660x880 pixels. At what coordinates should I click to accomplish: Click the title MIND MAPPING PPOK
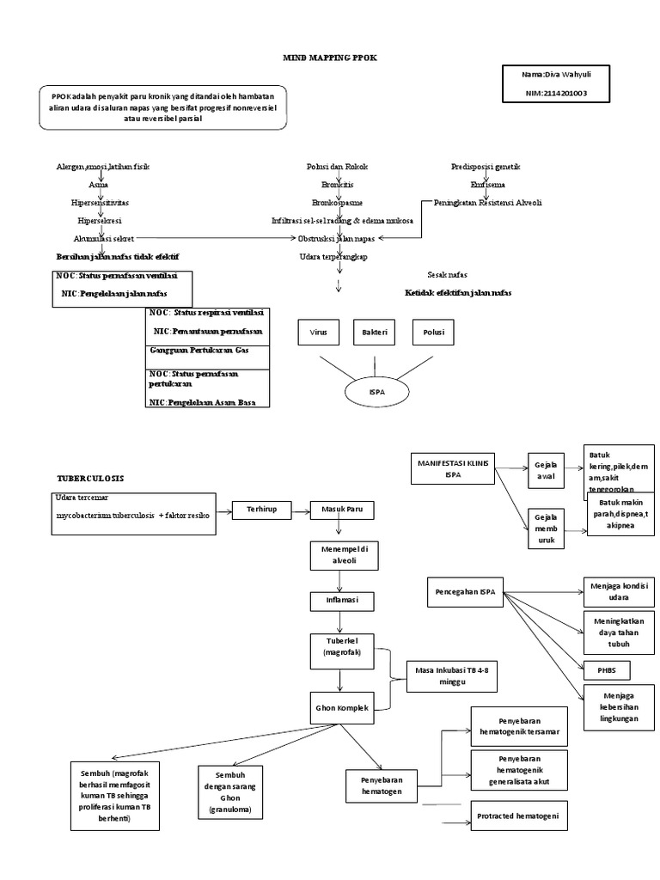click(330, 57)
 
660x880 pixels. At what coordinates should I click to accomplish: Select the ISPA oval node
click(376, 392)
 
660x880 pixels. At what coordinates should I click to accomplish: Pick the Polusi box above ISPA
click(433, 333)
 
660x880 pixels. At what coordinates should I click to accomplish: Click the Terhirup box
click(262, 510)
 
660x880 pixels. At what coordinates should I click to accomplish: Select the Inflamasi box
click(340, 598)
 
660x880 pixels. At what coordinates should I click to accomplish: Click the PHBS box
click(606, 669)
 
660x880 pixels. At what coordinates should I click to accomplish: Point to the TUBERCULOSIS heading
click(91, 478)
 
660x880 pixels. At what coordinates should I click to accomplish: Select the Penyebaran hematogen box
click(382, 782)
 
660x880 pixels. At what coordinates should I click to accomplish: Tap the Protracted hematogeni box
click(521, 816)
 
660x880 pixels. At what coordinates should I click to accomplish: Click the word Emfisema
click(487, 185)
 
